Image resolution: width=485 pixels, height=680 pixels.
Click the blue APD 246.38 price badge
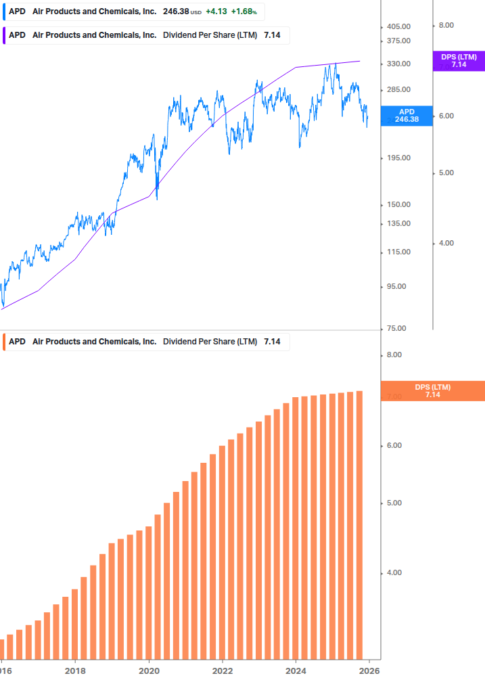coord(407,116)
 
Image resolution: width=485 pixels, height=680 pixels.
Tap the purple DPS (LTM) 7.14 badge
coord(459,61)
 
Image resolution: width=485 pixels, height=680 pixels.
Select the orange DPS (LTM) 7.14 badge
coord(433,391)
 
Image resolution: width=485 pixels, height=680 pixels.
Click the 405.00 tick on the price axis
coord(398,26)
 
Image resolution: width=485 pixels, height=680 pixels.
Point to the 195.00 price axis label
coord(398,158)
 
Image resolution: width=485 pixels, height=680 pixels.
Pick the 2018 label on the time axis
coord(75,671)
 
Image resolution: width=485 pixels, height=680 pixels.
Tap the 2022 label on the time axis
coord(223,671)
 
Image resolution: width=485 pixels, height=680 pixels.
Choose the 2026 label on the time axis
coord(369,671)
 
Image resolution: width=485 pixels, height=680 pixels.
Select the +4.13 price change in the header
coord(216,12)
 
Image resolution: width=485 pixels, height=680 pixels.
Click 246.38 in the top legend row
coord(176,12)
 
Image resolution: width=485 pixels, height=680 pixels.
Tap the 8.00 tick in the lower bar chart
coord(394,355)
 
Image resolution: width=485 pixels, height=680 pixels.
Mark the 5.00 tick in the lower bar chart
coord(394,503)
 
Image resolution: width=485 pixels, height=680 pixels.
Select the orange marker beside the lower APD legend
coord(5,342)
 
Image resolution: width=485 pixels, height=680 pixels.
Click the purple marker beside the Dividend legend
coord(5,35)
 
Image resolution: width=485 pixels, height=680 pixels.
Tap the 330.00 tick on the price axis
coord(398,64)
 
